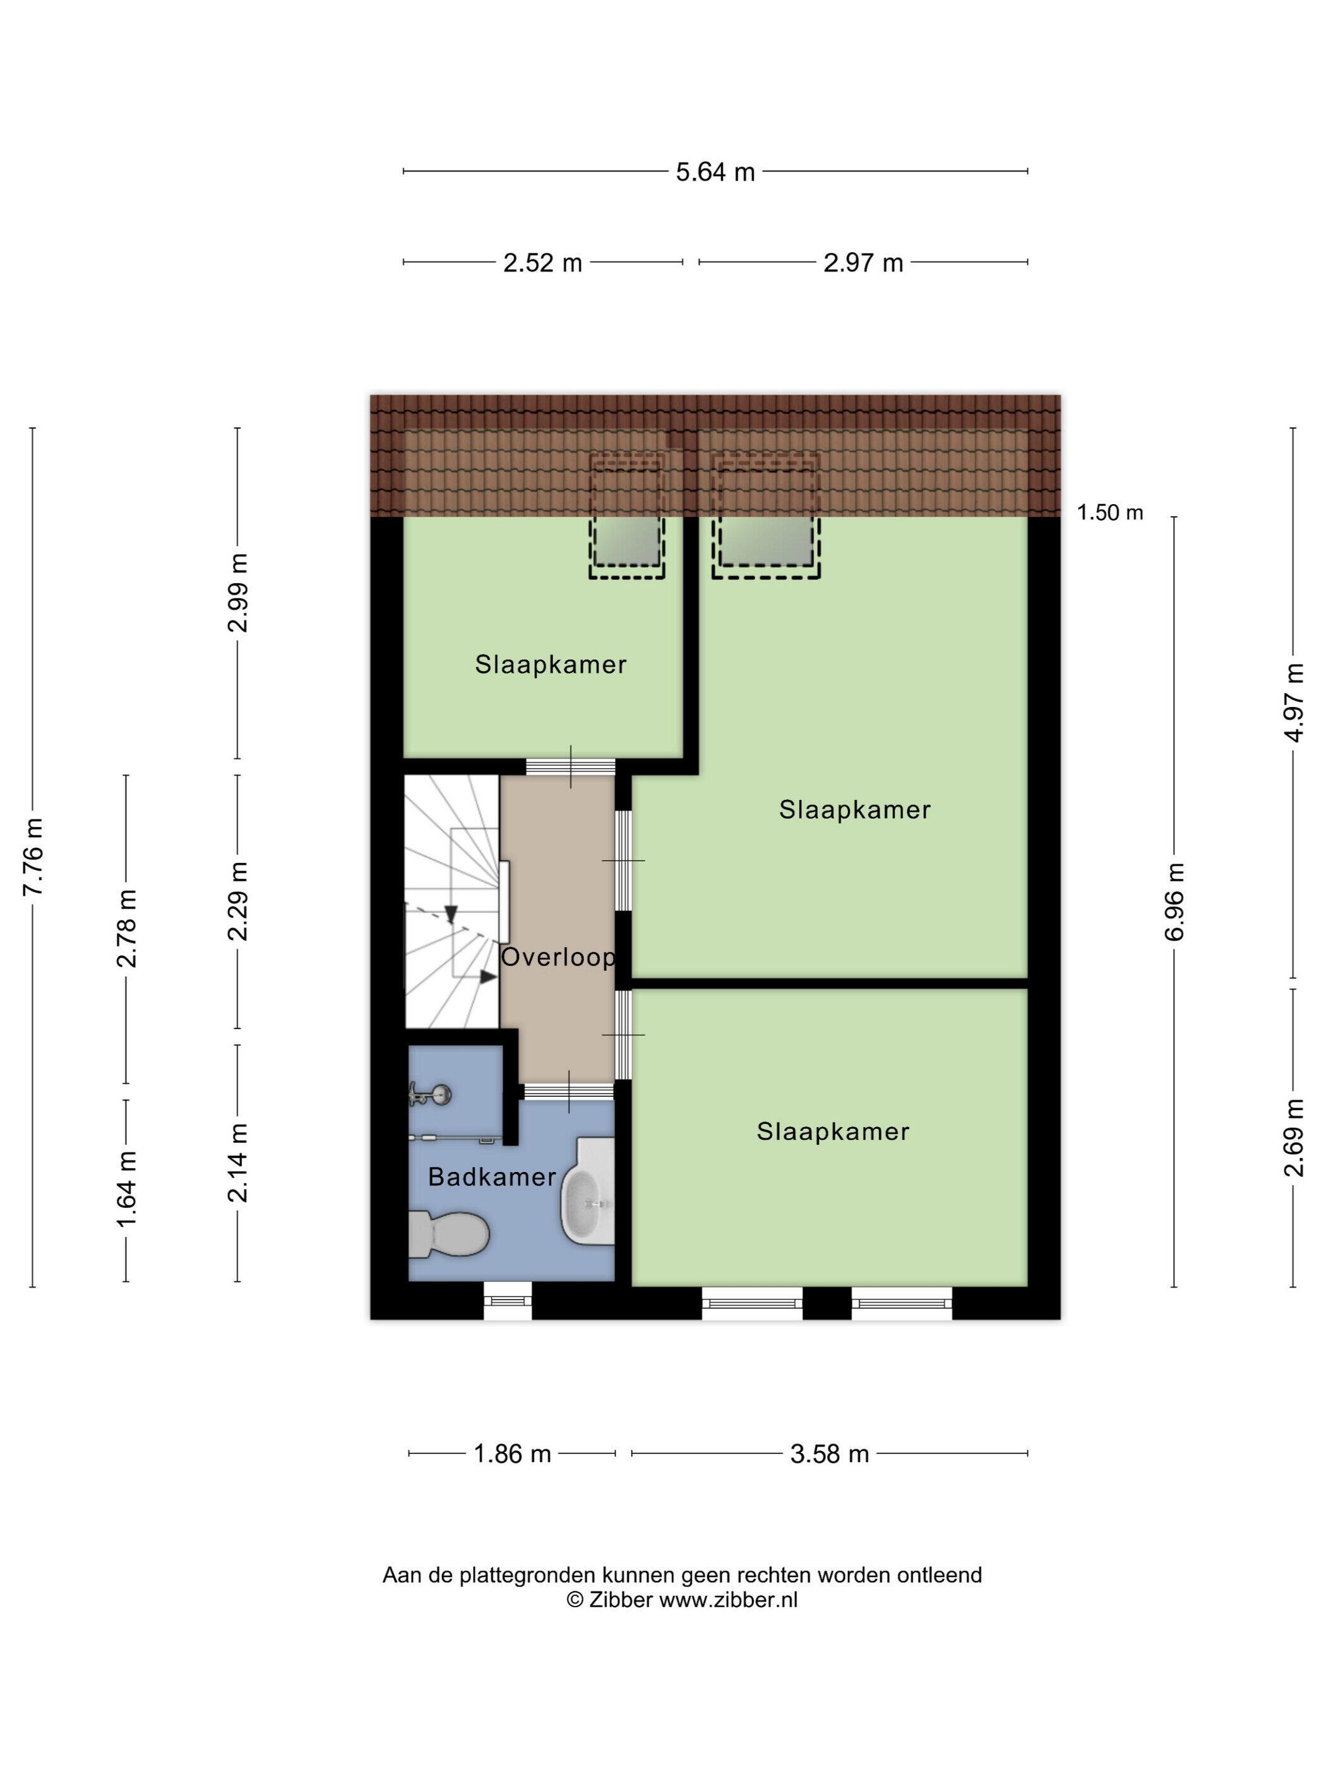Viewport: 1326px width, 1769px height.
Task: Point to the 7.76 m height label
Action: click(33, 857)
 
